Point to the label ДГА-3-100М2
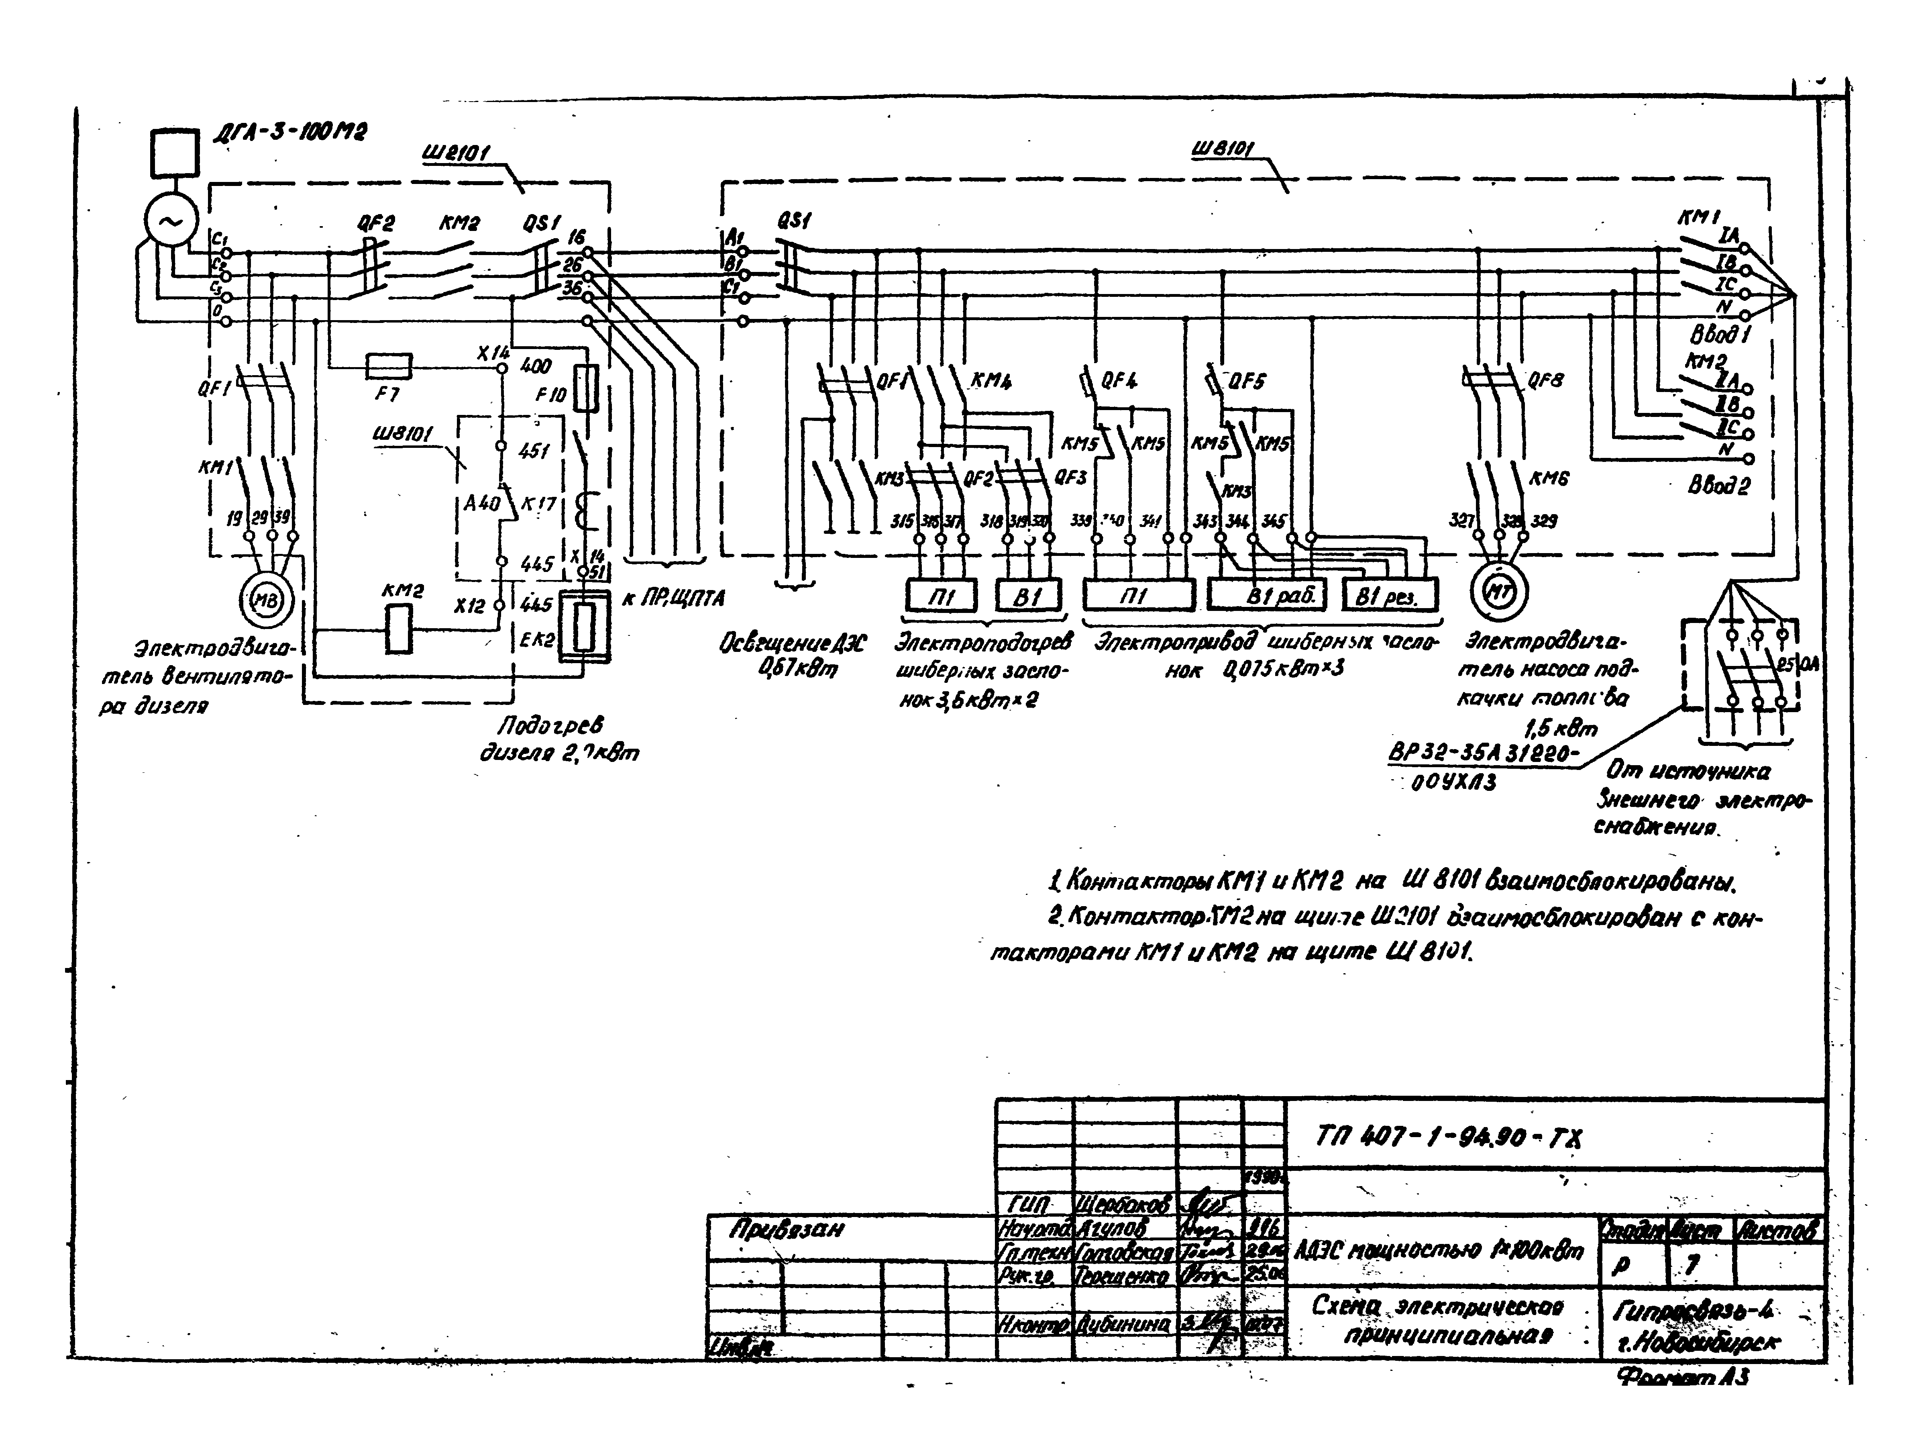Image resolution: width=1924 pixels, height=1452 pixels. (x=289, y=133)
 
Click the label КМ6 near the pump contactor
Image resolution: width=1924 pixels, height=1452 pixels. (x=1548, y=478)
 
